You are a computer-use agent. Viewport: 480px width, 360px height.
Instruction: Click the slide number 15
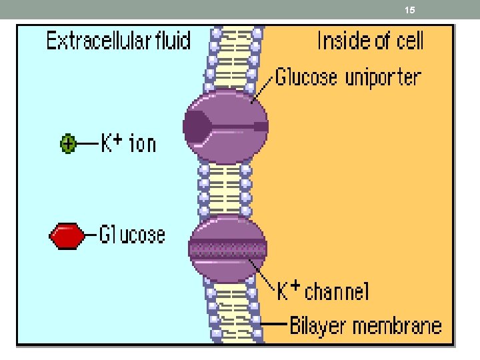[410, 11]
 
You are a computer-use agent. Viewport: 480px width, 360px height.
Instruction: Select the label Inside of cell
[370, 41]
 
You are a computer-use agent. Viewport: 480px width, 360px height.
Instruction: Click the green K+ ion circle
[67, 143]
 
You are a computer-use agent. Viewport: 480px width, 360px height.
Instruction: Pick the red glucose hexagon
[67, 235]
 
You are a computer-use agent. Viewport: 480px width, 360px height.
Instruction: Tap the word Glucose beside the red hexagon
[132, 235]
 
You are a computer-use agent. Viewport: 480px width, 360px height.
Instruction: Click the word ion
[142, 143]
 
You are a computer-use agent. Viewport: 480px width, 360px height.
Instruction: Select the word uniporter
[383, 77]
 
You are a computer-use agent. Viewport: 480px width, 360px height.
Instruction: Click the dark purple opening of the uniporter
[197, 127]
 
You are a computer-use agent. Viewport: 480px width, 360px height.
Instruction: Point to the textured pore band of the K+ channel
[228, 250]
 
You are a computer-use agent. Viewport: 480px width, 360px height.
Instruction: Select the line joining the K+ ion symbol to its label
[85, 143]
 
